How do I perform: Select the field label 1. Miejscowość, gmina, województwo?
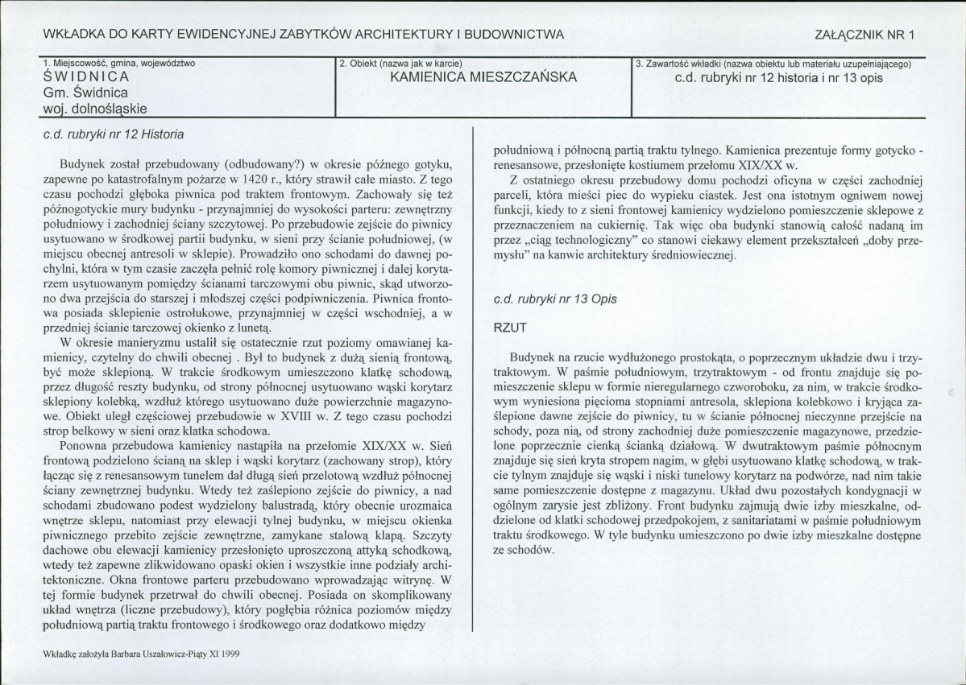118,63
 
